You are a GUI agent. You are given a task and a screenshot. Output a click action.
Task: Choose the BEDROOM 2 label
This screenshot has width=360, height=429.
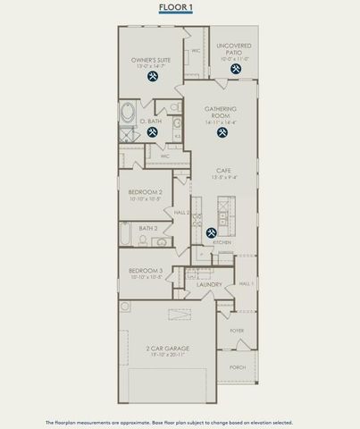click(145, 192)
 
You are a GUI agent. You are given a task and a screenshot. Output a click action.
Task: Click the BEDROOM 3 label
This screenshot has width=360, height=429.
click(145, 270)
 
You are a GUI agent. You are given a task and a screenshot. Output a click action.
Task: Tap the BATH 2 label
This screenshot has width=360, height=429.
click(147, 228)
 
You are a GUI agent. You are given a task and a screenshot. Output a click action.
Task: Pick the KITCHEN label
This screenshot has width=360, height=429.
click(221, 242)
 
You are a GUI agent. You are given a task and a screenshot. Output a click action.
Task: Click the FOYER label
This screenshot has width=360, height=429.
click(236, 331)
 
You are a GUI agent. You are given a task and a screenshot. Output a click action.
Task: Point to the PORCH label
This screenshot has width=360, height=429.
click(238, 366)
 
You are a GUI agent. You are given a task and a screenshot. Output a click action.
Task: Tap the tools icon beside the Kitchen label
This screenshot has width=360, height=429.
click(211, 233)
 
